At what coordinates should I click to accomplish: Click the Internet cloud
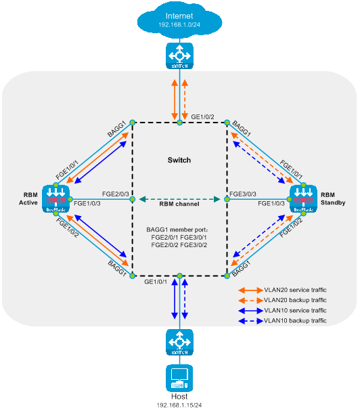[179, 20]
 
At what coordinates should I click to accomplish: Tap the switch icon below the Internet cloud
[179, 56]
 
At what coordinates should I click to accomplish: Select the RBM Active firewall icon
[55, 199]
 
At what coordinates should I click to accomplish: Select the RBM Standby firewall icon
[303, 199]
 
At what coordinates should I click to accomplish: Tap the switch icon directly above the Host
[179, 343]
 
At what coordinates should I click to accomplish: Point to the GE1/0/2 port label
[202, 117]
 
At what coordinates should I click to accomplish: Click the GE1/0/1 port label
[156, 282]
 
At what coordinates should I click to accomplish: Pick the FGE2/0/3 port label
[116, 194]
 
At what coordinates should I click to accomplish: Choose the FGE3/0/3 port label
[243, 194]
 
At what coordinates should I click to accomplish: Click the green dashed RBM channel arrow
[179, 199]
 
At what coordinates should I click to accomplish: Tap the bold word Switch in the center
[179, 160]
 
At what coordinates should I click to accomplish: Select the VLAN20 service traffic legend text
[295, 290]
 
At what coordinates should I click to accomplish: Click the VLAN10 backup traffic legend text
[295, 320]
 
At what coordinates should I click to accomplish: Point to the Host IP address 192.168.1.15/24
[179, 405]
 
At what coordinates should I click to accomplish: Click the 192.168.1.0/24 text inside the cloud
[179, 25]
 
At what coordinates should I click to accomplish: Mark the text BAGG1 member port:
[177, 230]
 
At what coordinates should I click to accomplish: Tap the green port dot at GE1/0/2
[179, 123]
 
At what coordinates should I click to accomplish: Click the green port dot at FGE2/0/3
[133, 199]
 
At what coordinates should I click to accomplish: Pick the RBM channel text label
[179, 204]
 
